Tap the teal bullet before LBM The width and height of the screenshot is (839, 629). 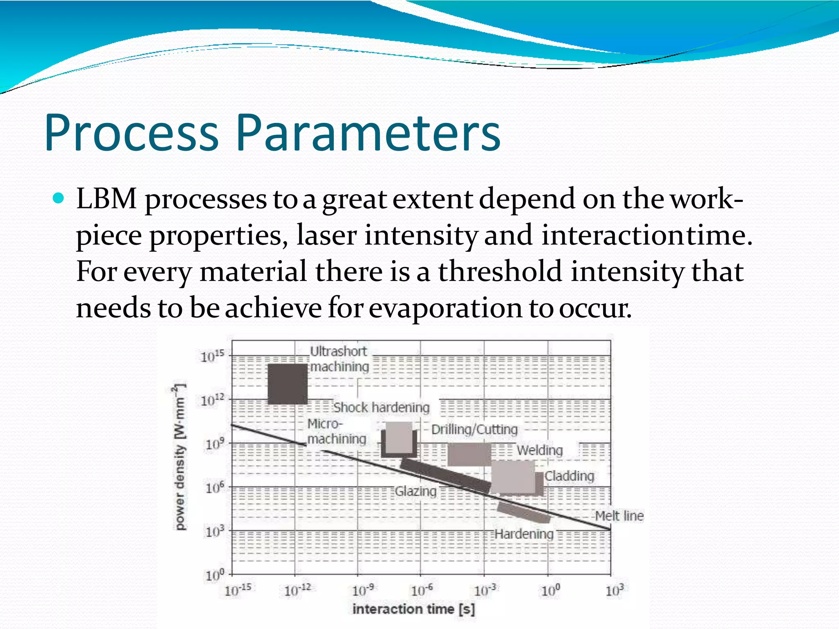[59, 199]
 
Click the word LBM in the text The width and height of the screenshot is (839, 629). [107, 199]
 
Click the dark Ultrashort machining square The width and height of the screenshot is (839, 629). [287, 384]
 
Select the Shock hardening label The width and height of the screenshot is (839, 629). [381, 407]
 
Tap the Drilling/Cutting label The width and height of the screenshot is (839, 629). [474, 429]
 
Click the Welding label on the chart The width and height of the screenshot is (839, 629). [540, 450]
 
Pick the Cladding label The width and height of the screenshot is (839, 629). [569, 476]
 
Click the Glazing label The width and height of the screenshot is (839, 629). [415, 491]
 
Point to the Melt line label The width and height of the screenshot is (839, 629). [619, 516]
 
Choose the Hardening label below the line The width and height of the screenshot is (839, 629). [524, 534]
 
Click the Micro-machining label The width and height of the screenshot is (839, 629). [336, 431]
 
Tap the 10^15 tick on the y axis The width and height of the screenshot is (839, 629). [212, 356]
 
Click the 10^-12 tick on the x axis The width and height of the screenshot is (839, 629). [298, 591]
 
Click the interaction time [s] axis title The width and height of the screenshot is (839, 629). [413, 609]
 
